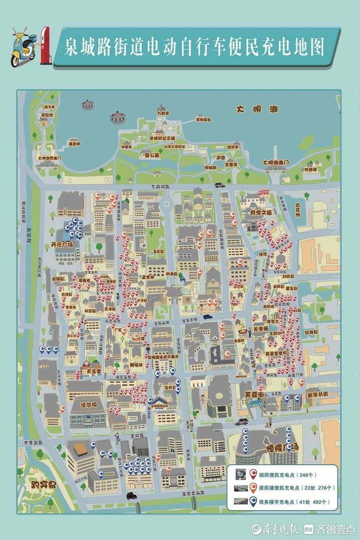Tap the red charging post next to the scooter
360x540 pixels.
(45, 45)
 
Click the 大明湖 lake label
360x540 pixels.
(254, 108)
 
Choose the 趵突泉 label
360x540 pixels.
(42, 484)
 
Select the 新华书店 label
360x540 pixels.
(317, 394)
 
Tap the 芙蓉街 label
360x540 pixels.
(254, 394)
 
